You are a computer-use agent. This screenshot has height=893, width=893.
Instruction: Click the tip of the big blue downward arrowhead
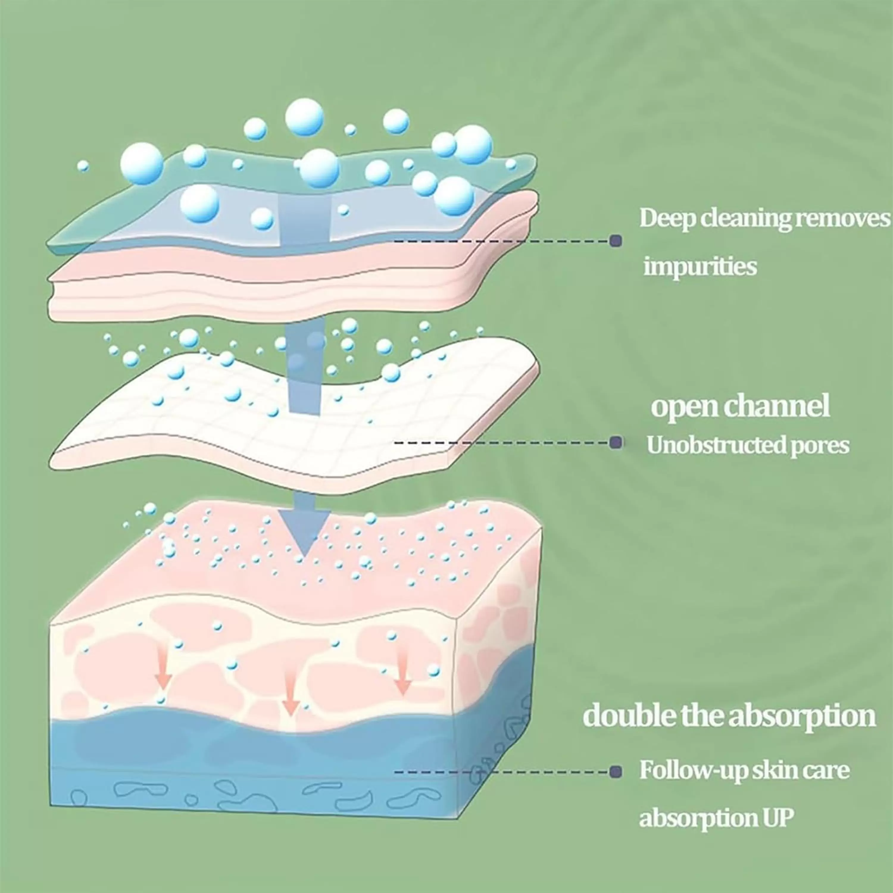(304, 556)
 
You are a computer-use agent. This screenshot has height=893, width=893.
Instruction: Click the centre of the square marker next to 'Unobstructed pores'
(615, 443)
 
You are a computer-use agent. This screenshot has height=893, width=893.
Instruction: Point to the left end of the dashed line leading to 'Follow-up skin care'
(395, 772)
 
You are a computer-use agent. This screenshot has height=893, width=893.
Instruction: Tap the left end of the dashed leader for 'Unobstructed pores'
(395, 443)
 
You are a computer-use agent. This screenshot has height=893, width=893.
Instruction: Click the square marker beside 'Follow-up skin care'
(615, 772)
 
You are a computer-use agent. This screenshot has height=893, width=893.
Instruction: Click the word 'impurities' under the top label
(700, 267)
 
